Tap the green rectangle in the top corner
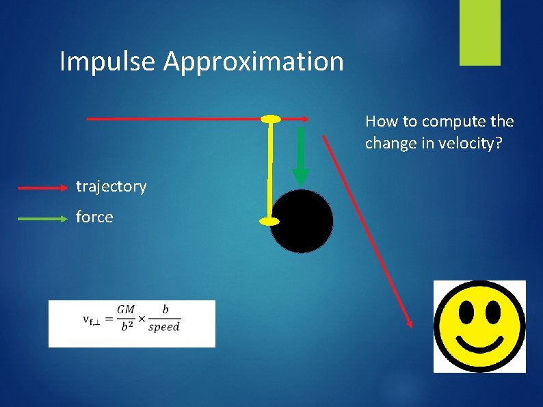pyautogui.click(x=479, y=33)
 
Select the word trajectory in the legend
pyautogui.click(x=111, y=186)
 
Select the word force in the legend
pyautogui.click(x=94, y=217)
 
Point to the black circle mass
pyautogui.click(x=302, y=221)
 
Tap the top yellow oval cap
pyautogui.click(x=271, y=120)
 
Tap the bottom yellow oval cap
pyautogui.click(x=269, y=221)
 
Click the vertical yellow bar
pyautogui.click(x=270, y=171)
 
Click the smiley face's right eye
pyautogui.click(x=492, y=313)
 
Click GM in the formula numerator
pyautogui.click(x=126, y=310)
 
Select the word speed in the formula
pyautogui.click(x=163, y=327)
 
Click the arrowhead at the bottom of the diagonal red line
pyautogui.click(x=409, y=322)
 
